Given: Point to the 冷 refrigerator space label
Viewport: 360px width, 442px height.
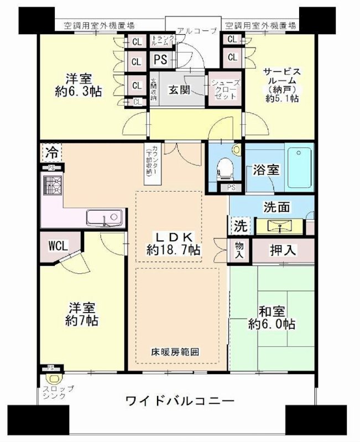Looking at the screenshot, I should coord(51,151).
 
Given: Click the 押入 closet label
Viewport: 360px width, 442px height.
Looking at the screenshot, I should coord(283,250).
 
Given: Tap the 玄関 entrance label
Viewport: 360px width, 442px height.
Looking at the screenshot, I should coord(180,89).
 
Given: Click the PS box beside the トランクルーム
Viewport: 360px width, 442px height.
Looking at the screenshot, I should coord(160,59).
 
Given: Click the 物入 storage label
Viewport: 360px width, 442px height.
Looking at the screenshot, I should coord(239,251).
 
